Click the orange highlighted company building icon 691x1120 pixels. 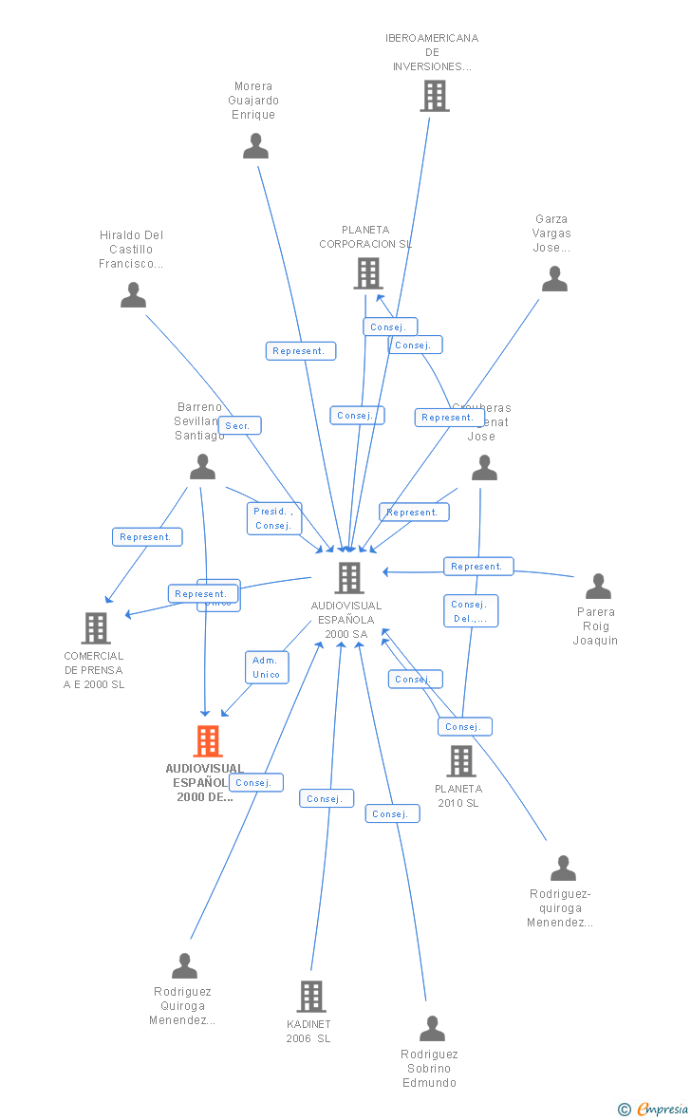[x=207, y=740]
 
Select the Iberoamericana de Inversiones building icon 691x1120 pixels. [x=434, y=96]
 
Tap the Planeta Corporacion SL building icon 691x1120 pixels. [x=367, y=273]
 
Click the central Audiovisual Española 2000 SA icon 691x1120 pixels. [x=349, y=577]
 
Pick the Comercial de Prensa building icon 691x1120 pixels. [x=96, y=628]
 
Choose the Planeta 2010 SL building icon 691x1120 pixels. [x=460, y=760]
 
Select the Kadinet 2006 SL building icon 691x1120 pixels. [x=311, y=997]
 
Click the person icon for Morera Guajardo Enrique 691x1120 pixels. [x=255, y=146]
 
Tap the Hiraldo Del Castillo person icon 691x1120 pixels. [x=134, y=295]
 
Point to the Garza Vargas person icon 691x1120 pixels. [x=554, y=279]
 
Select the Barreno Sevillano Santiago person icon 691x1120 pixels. [x=202, y=467]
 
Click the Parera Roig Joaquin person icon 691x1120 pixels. [x=598, y=587]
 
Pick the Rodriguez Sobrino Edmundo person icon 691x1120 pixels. [x=432, y=1028]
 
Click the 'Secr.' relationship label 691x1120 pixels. [x=239, y=426]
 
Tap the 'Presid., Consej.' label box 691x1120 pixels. [x=274, y=518]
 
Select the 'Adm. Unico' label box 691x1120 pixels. [x=267, y=667]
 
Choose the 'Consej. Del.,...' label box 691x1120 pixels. [x=470, y=611]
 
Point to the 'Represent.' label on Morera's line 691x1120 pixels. [x=300, y=351]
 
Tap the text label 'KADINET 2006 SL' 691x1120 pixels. [x=308, y=1032]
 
